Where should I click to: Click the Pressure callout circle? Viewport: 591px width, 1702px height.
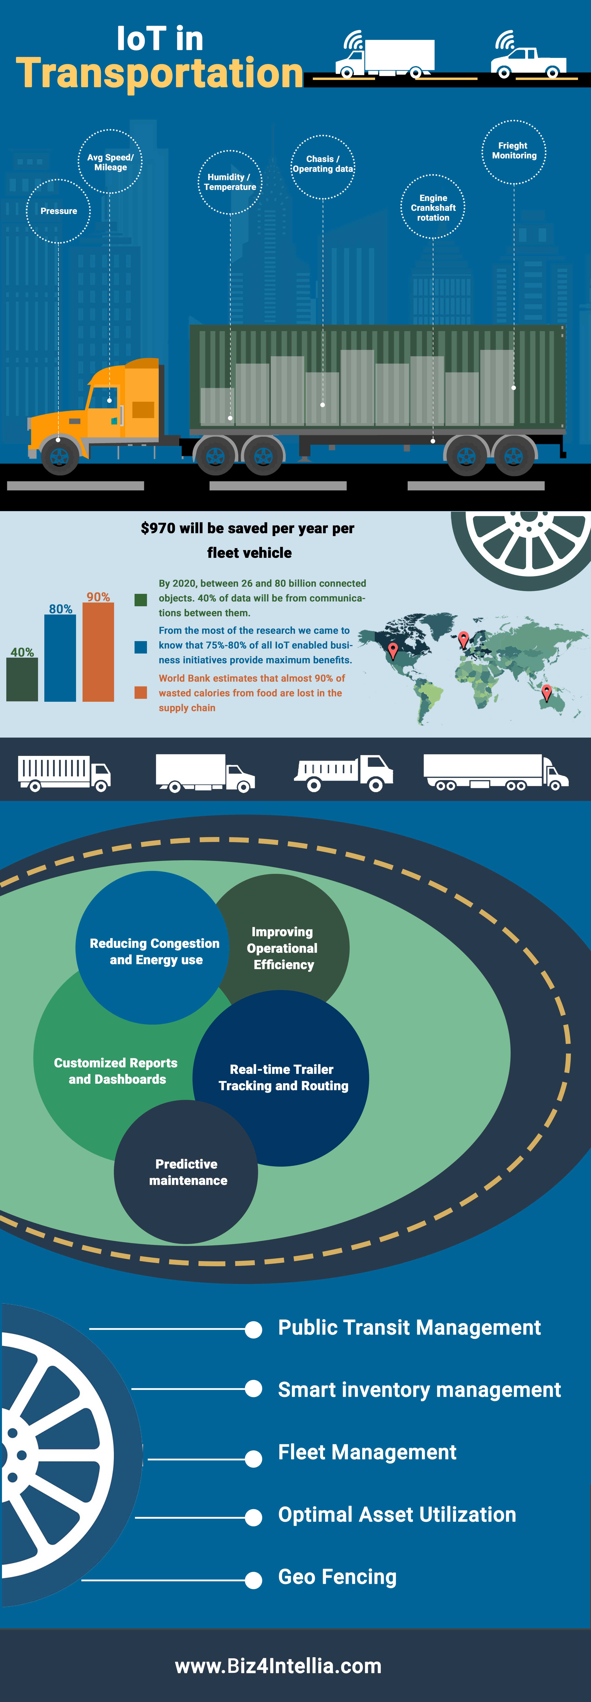(x=58, y=211)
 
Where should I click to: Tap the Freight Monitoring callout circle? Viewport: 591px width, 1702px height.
(x=514, y=151)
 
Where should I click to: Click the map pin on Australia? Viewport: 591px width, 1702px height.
(x=546, y=692)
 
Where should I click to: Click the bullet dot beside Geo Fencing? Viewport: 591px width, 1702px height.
(x=253, y=1579)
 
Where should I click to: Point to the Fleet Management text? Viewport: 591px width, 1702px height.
(x=367, y=1452)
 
